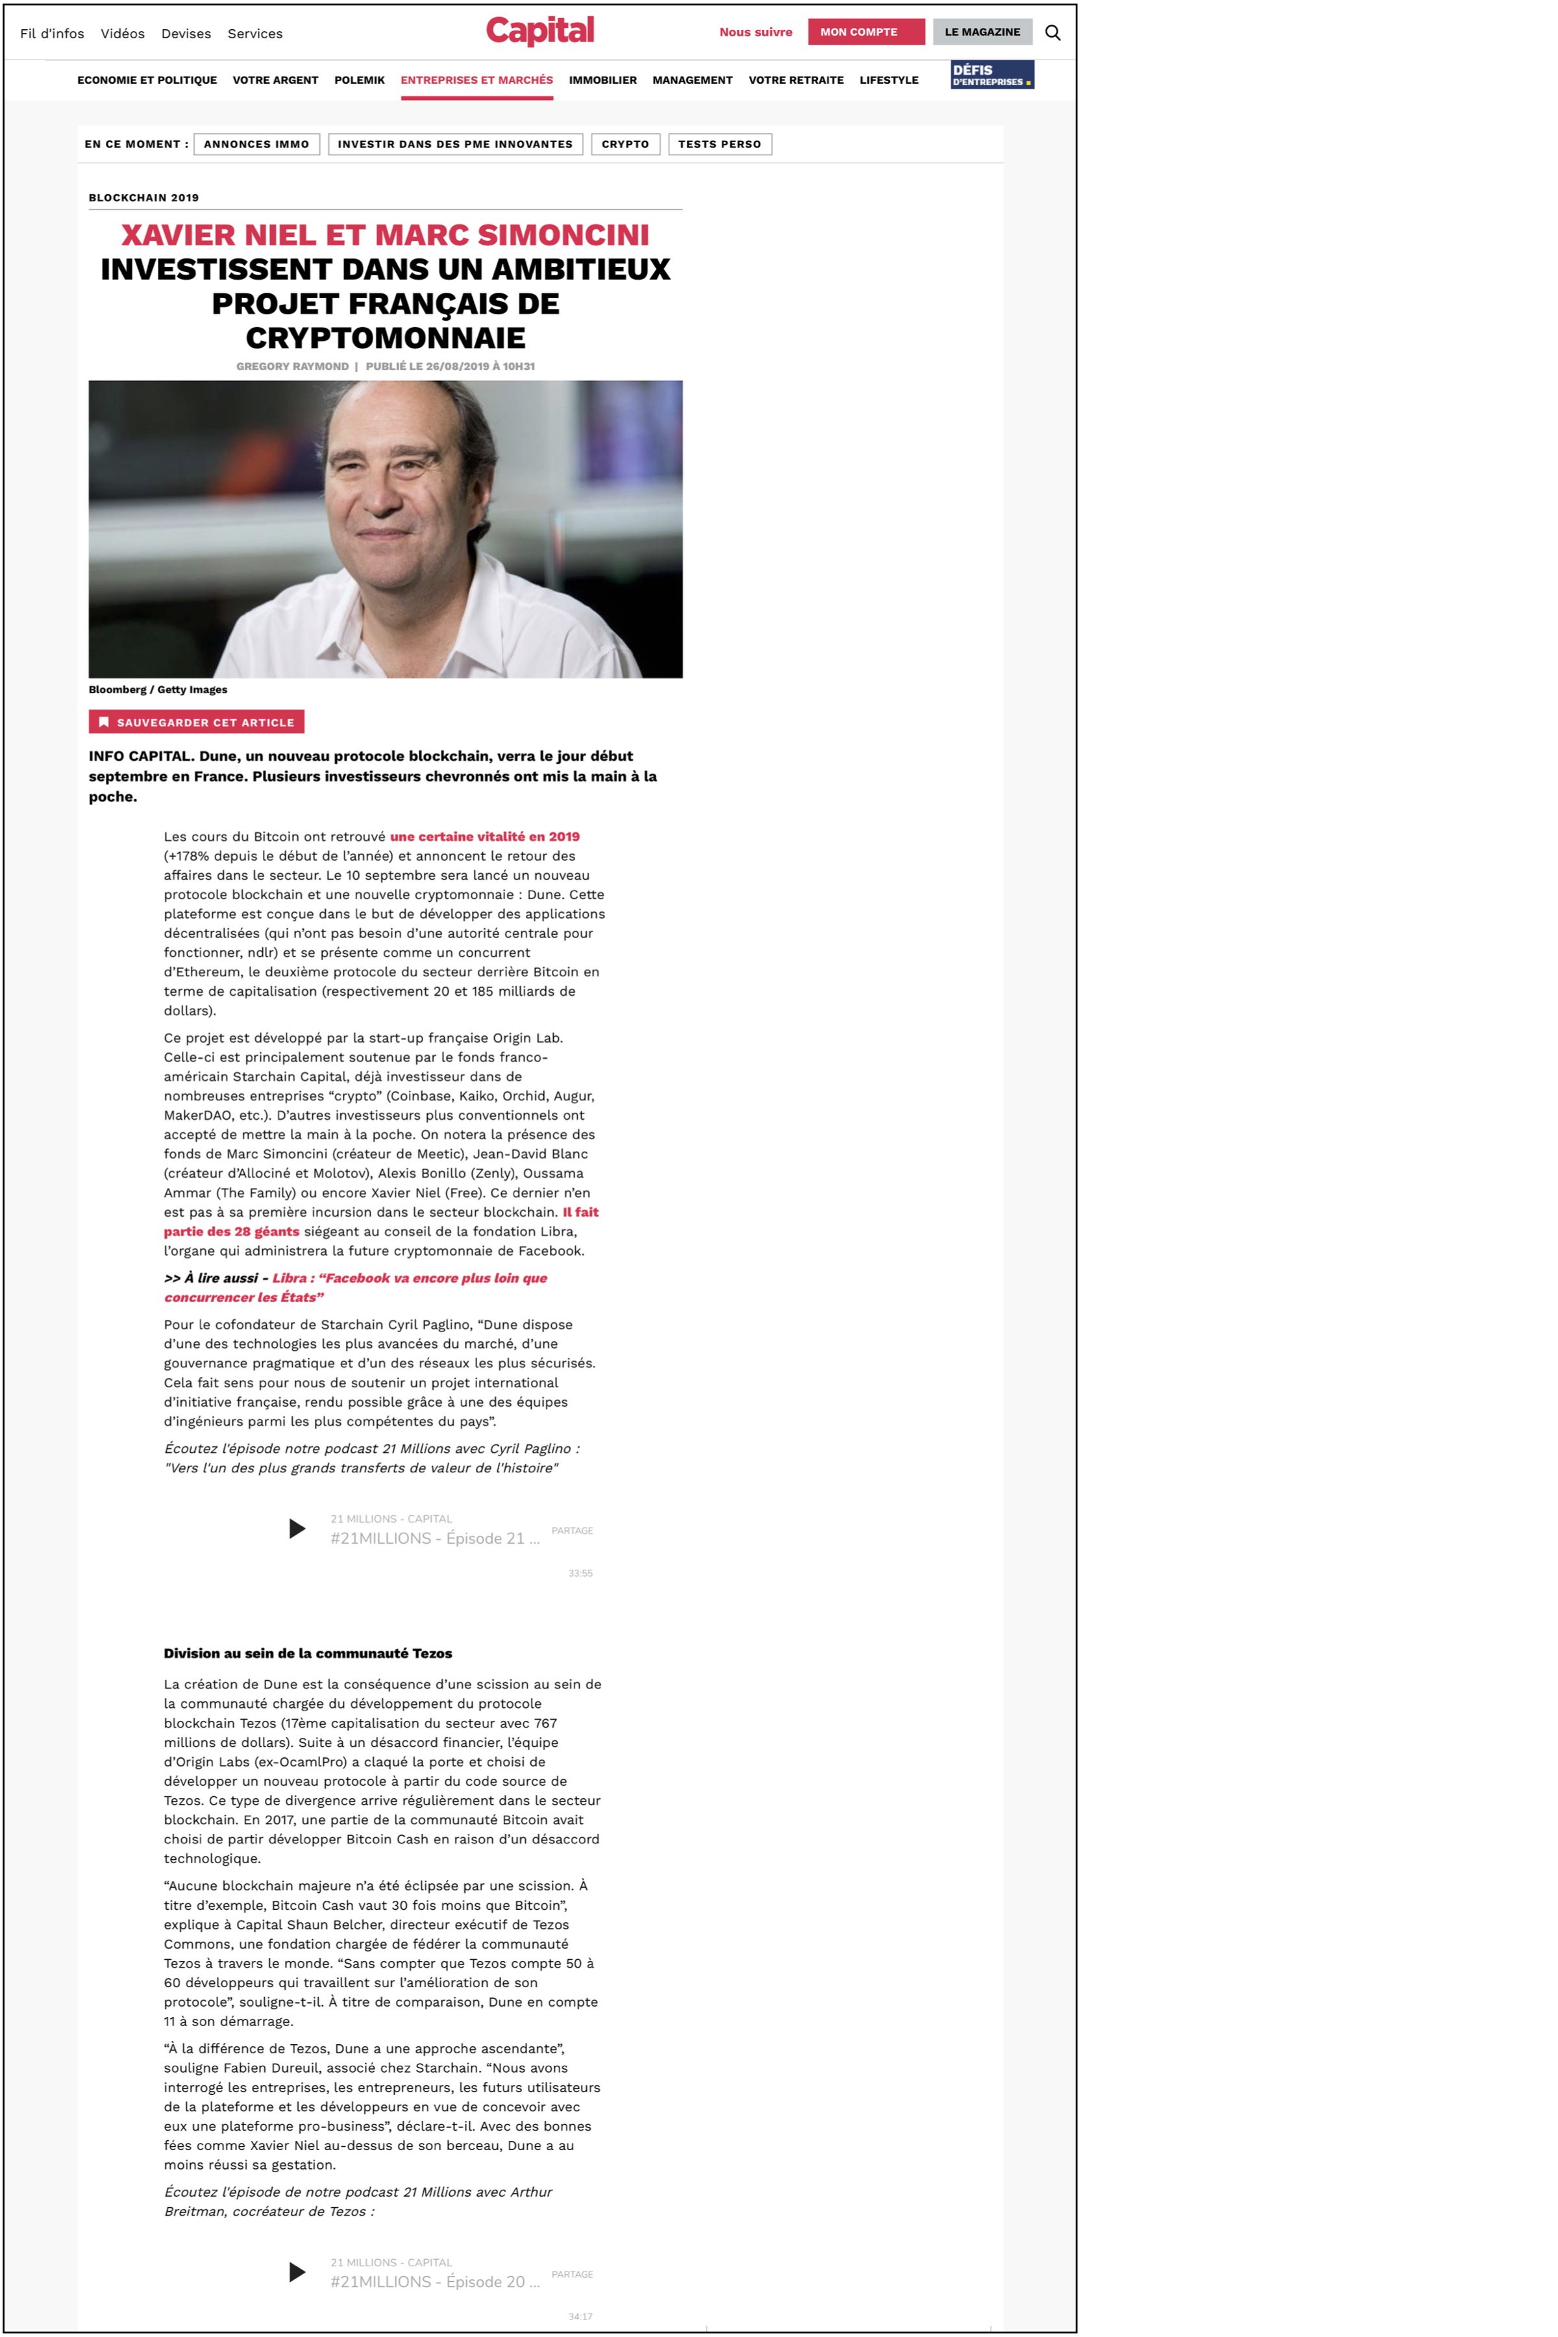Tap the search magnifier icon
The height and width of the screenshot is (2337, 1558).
coord(1052,33)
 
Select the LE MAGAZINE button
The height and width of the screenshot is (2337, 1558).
coord(982,32)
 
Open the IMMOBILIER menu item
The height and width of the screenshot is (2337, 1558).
coord(602,80)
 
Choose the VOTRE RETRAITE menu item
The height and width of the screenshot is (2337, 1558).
coord(796,80)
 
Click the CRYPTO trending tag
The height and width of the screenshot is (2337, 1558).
coord(625,144)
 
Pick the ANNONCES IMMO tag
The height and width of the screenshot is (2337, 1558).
coord(256,144)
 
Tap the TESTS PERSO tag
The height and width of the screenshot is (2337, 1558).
coord(719,144)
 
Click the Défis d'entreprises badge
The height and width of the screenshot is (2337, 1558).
coord(992,75)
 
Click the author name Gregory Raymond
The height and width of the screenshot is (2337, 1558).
coord(292,367)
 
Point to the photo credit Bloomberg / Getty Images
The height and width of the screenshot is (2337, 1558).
coord(158,689)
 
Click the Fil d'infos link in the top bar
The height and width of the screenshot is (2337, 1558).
coord(52,34)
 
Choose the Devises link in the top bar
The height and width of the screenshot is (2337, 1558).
coord(186,34)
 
